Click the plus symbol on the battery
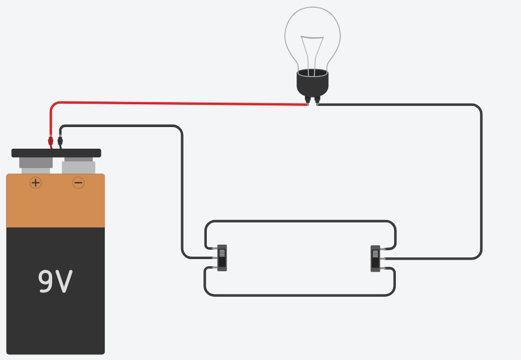tap(35, 182)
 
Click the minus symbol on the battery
tap(78, 182)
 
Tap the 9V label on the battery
tap(55, 281)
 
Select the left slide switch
tap(222, 258)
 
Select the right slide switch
tap(375, 258)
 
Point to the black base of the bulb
tap(313, 83)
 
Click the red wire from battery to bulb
tap(177, 103)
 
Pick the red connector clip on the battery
tap(50, 141)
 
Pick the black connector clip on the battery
tap(60, 141)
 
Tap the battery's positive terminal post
tap(36, 163)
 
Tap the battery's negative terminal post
tap(79, 165)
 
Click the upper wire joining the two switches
tap(299, 221)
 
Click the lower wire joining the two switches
tap(299, 295)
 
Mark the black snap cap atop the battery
tap(56, 153)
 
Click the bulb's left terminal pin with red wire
tap(308, 100)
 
